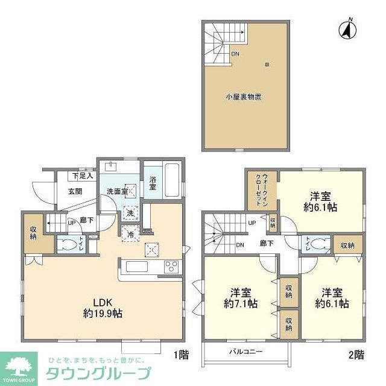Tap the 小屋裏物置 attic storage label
(x=244, y=96)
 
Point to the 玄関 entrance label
(x=67, y=192)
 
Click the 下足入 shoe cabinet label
(x=83, y=176)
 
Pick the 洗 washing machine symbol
(x=130, y=212)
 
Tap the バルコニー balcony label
(x=245, y=351)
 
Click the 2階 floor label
(x=356, y=355)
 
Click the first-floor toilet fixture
(x=65, y=245)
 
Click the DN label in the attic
(x=235, y=53)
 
